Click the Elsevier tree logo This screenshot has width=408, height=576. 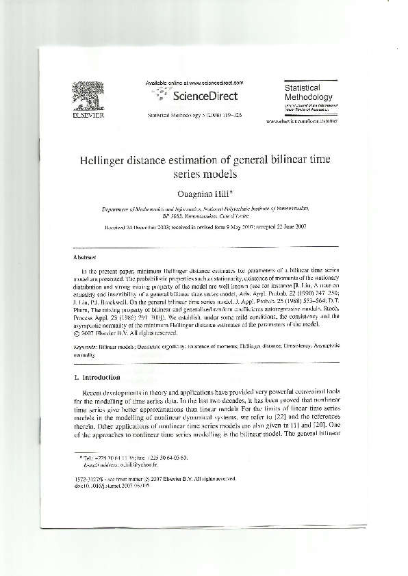[x=86, y=96]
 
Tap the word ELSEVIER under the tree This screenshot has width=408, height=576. [x=86, y=116]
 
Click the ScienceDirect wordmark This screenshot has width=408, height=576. [x=205, y=96]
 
